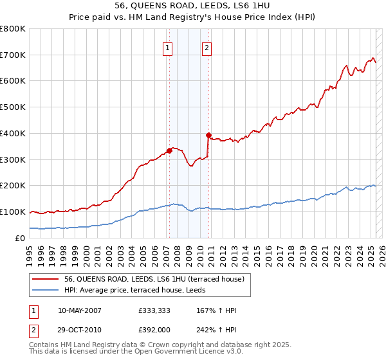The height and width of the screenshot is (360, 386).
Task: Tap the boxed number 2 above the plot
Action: (x=207, y=48)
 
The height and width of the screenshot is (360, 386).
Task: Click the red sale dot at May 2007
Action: (x=169, y=150)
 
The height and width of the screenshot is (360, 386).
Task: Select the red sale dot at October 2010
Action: (x=208, y=135)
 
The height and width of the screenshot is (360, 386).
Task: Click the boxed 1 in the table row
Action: (x=33, y=310)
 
